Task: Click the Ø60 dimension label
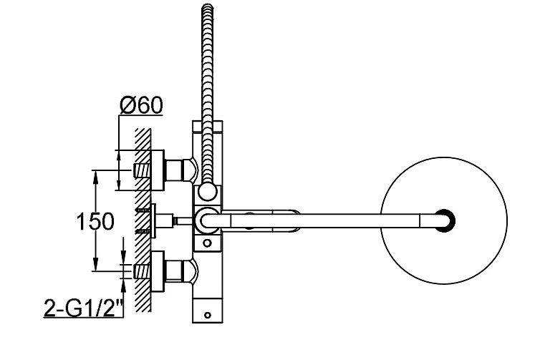point(141,105)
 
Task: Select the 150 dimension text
point(95,221)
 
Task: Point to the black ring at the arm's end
point(446,220)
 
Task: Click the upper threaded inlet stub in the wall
point(141,170)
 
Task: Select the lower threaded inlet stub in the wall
point(141,271)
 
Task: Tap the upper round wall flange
point(158,170)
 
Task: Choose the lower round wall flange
point(158,271)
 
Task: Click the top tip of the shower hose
point(207,5)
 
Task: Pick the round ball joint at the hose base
point(207,191)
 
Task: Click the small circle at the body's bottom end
point(207,315)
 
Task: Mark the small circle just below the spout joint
point(207,243)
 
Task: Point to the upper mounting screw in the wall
point(143,210)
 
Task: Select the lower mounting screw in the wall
point(143,231)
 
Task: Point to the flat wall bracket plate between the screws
point(153,220)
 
